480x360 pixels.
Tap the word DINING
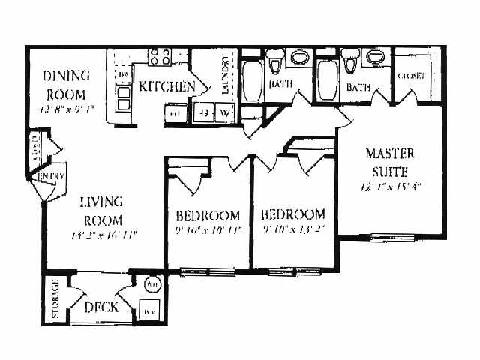click(x=66, y=76)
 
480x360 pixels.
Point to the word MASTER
click(x=390, y=154)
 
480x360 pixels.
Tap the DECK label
click(x=99, y=306)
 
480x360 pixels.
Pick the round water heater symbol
click(x=152, y=286)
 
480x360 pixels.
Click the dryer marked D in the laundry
click(x=204, y=114)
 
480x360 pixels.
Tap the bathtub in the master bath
click(x=326, y=82)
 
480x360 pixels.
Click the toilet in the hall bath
click(x=274, y=60)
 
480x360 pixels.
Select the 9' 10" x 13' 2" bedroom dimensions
click(x=294, y=230)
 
